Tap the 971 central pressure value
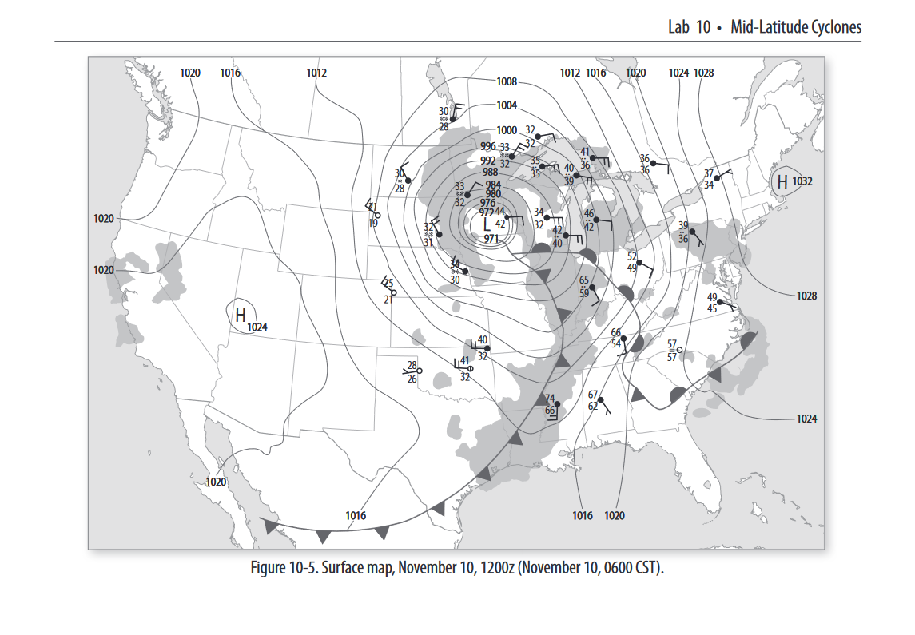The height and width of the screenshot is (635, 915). point(491,238)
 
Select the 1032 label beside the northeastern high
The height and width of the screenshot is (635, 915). point(802,181)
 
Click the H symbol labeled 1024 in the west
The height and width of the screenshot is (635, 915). point(240,316)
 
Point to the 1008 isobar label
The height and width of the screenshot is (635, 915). point(507,81)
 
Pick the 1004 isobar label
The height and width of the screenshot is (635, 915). point(507,105)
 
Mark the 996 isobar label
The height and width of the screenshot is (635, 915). point(488,146)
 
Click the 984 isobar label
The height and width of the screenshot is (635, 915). point(493,185)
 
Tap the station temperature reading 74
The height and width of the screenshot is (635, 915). point(550,399)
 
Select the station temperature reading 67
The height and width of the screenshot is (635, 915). point(593,395)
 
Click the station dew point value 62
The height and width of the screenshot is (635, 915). point(593,406)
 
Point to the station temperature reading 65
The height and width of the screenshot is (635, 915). point(584,281)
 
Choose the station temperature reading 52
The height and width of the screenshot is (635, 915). point(632,257)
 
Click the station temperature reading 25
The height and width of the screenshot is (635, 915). point(388,284)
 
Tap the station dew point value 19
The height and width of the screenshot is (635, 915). point(373,224)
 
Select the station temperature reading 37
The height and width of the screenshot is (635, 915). point(709,174)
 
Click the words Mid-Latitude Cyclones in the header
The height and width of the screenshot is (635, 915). point(796,27)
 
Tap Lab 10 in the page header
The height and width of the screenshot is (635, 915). point(689,27)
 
